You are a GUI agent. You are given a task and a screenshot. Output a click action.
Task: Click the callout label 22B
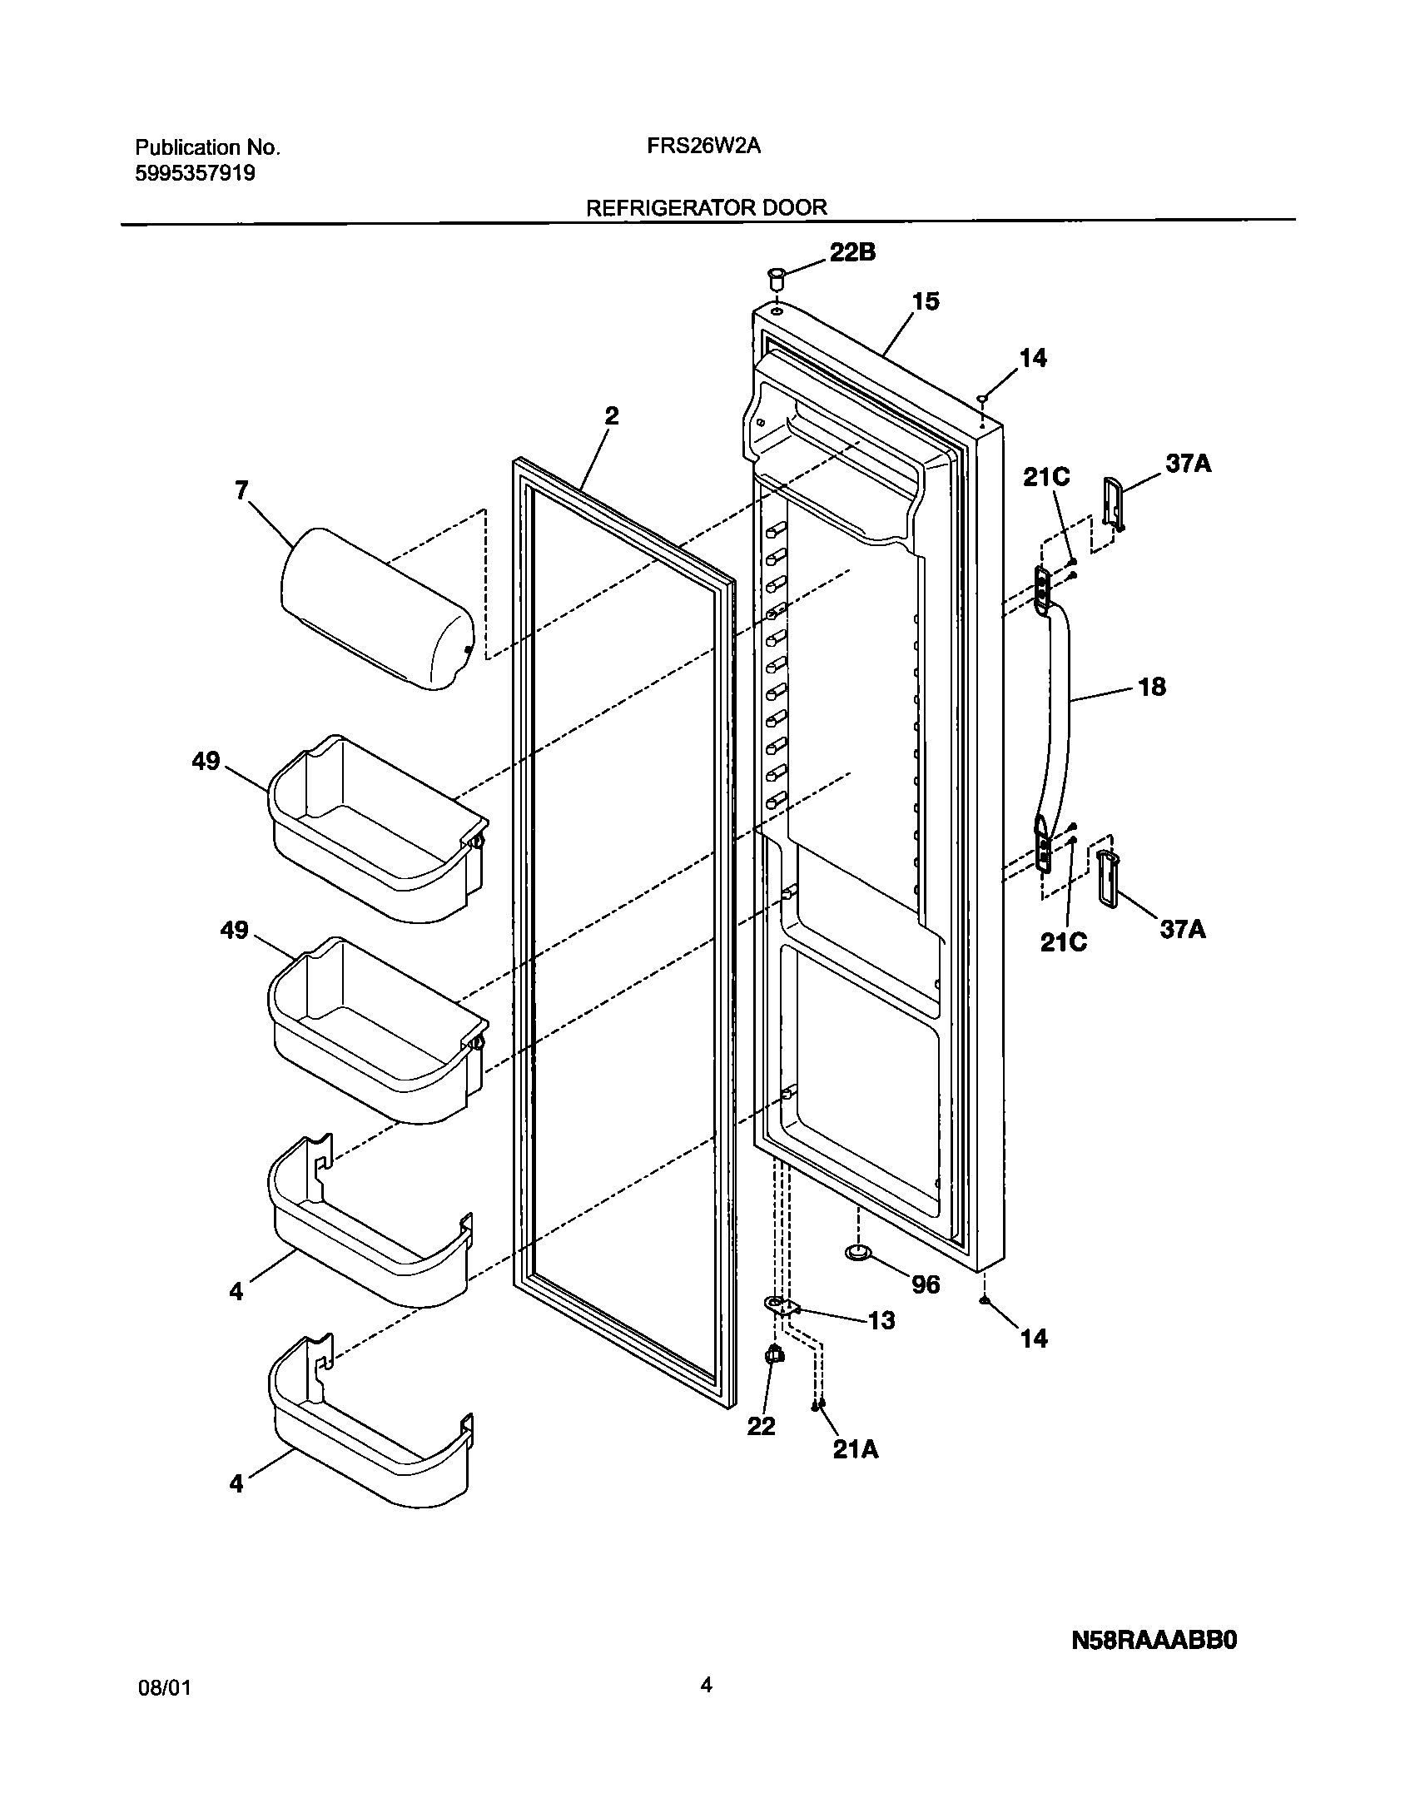tap(852, 253)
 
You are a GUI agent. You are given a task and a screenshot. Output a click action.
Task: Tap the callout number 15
tap(926, 301)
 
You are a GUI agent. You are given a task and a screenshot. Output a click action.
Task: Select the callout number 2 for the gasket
tap(611, 415)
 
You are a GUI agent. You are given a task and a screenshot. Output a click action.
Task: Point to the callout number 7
tap(241, 491)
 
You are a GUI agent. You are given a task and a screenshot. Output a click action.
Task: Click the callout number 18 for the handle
tap(1152, 688)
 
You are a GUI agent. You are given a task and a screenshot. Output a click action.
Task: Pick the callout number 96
tap(926, 1284)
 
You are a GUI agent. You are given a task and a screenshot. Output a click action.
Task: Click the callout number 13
tap(881, 1320)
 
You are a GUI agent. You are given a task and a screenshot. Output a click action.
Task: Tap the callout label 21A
tap(856, 1449)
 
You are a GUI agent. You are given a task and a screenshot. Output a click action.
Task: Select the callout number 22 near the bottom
tap(761, 1426)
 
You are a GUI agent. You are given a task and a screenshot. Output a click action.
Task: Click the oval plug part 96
tap(856, 1275)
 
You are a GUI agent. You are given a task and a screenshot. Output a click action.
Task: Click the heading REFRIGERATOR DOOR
tap(707, 208)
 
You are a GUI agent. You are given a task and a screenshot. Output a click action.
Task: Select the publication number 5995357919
tap(196, 174)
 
